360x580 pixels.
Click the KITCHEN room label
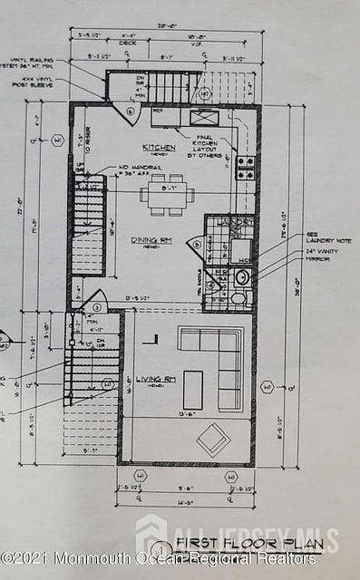(158, 146)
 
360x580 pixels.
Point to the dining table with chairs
(164, 193)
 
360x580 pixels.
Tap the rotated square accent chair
(214, 440)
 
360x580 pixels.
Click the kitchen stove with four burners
(245, 166)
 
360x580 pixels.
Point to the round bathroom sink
(243, 276)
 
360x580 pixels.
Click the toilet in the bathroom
(238, 297)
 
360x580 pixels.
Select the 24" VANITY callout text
(300, 249)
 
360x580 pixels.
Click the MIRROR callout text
(296, 258)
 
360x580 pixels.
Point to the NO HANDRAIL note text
(136, 171)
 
